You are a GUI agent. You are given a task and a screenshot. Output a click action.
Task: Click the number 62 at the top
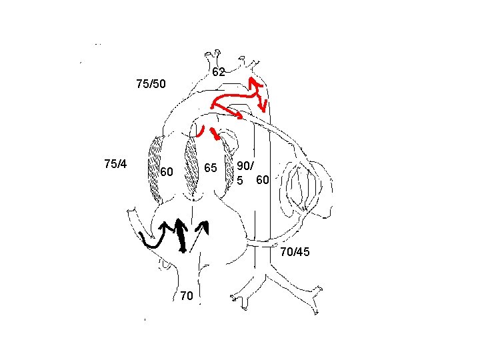click(218, 72)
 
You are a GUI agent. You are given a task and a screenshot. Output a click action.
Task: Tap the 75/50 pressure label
click(154, 84)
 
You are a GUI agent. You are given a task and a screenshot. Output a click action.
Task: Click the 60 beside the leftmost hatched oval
click(167, 172)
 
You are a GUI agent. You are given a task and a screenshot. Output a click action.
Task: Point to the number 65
click(211, 167)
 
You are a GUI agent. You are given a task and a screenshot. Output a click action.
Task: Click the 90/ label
click(245, 165)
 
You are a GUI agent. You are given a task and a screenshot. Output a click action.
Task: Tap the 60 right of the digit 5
click(262, 180)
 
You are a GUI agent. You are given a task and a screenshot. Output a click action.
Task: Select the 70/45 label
click(294, 252)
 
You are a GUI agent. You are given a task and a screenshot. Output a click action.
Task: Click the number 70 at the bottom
click(187, 295)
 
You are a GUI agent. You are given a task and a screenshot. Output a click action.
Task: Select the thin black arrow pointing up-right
click(201, 233)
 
